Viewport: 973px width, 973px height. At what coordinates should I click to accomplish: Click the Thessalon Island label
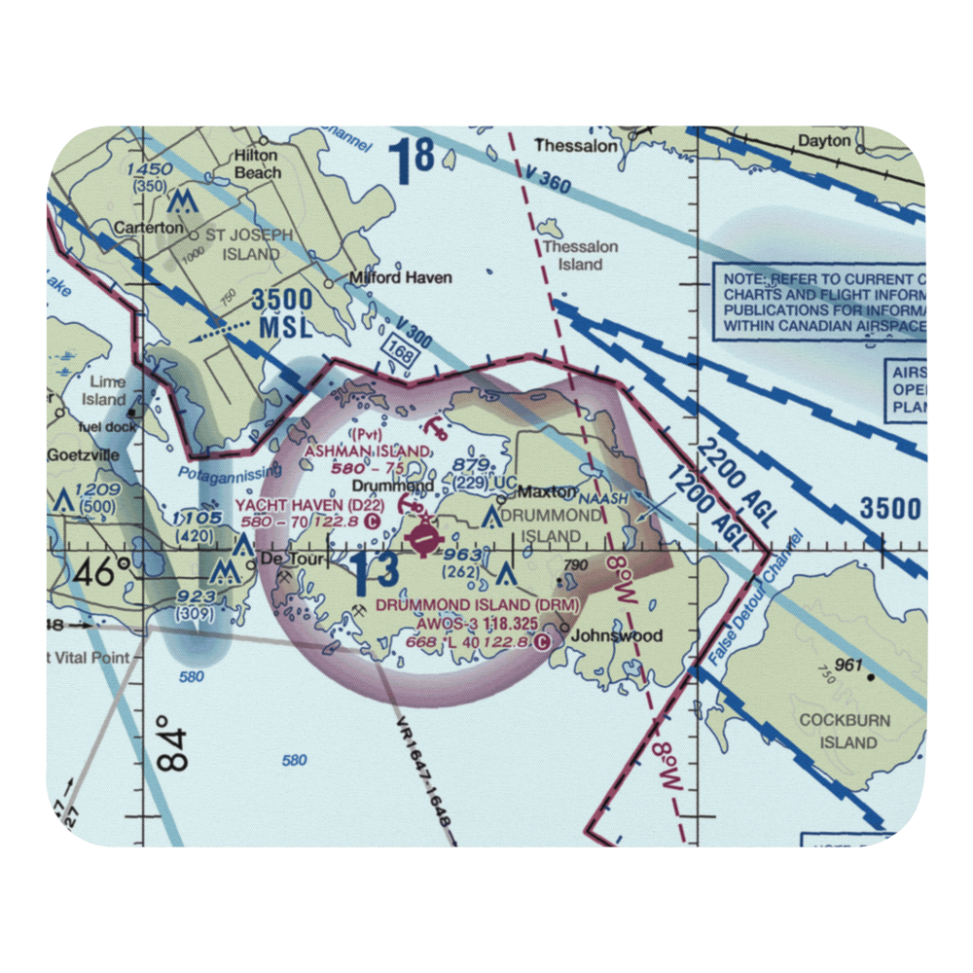coord(581,255)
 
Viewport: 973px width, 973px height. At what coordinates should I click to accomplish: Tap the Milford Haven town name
coord(401,277)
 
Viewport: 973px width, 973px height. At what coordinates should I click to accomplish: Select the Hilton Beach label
coord(256,163)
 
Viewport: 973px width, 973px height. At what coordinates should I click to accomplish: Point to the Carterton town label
coord(148,227)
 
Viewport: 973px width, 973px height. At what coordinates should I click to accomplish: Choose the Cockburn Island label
coord(836,731)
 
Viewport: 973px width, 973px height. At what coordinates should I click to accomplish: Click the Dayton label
coord(823,141)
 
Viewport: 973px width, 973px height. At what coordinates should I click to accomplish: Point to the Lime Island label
coord(106,391)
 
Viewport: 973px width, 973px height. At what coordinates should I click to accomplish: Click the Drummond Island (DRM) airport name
coord(478,605)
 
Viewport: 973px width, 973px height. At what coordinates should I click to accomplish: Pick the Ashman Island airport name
coord(367,450)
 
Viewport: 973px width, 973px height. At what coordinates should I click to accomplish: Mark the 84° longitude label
coord(171,744)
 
